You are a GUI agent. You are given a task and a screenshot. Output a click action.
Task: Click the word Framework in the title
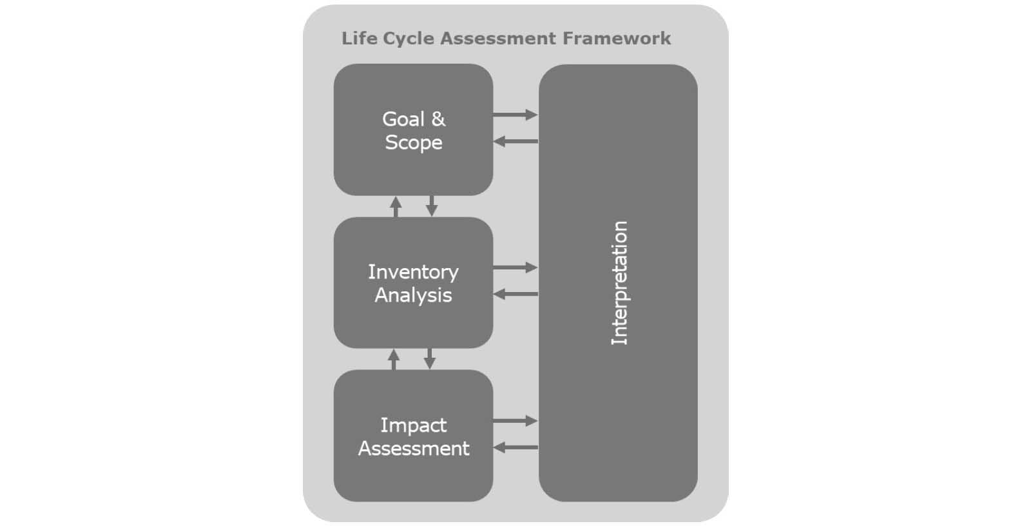617,39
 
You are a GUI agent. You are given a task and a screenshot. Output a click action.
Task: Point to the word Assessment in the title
498,39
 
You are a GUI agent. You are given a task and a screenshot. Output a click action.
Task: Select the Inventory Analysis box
413,322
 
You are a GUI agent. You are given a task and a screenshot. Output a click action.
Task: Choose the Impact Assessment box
413,477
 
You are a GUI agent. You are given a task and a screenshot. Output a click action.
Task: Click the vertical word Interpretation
619,283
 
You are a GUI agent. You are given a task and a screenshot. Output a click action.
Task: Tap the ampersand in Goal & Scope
438,119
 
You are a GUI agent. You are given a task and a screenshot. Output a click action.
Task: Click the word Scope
414,142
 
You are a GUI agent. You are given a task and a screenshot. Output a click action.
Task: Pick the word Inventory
413,272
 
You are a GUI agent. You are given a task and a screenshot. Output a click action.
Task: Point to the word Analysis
413,295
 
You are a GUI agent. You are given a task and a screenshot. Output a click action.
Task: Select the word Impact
413,425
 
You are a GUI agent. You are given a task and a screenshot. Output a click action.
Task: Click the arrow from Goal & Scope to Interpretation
515,115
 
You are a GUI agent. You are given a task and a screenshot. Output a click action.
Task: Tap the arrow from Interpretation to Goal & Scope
515,141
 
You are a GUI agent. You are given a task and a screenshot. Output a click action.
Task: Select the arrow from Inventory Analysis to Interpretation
515,268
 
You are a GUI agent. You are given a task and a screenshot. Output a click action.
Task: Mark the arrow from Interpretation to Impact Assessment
515,447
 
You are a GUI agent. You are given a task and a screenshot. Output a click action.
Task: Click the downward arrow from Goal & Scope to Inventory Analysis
432,206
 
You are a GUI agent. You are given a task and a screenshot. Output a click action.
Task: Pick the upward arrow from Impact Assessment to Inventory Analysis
394,359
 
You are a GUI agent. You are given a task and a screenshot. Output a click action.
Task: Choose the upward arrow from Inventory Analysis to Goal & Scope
396,206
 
